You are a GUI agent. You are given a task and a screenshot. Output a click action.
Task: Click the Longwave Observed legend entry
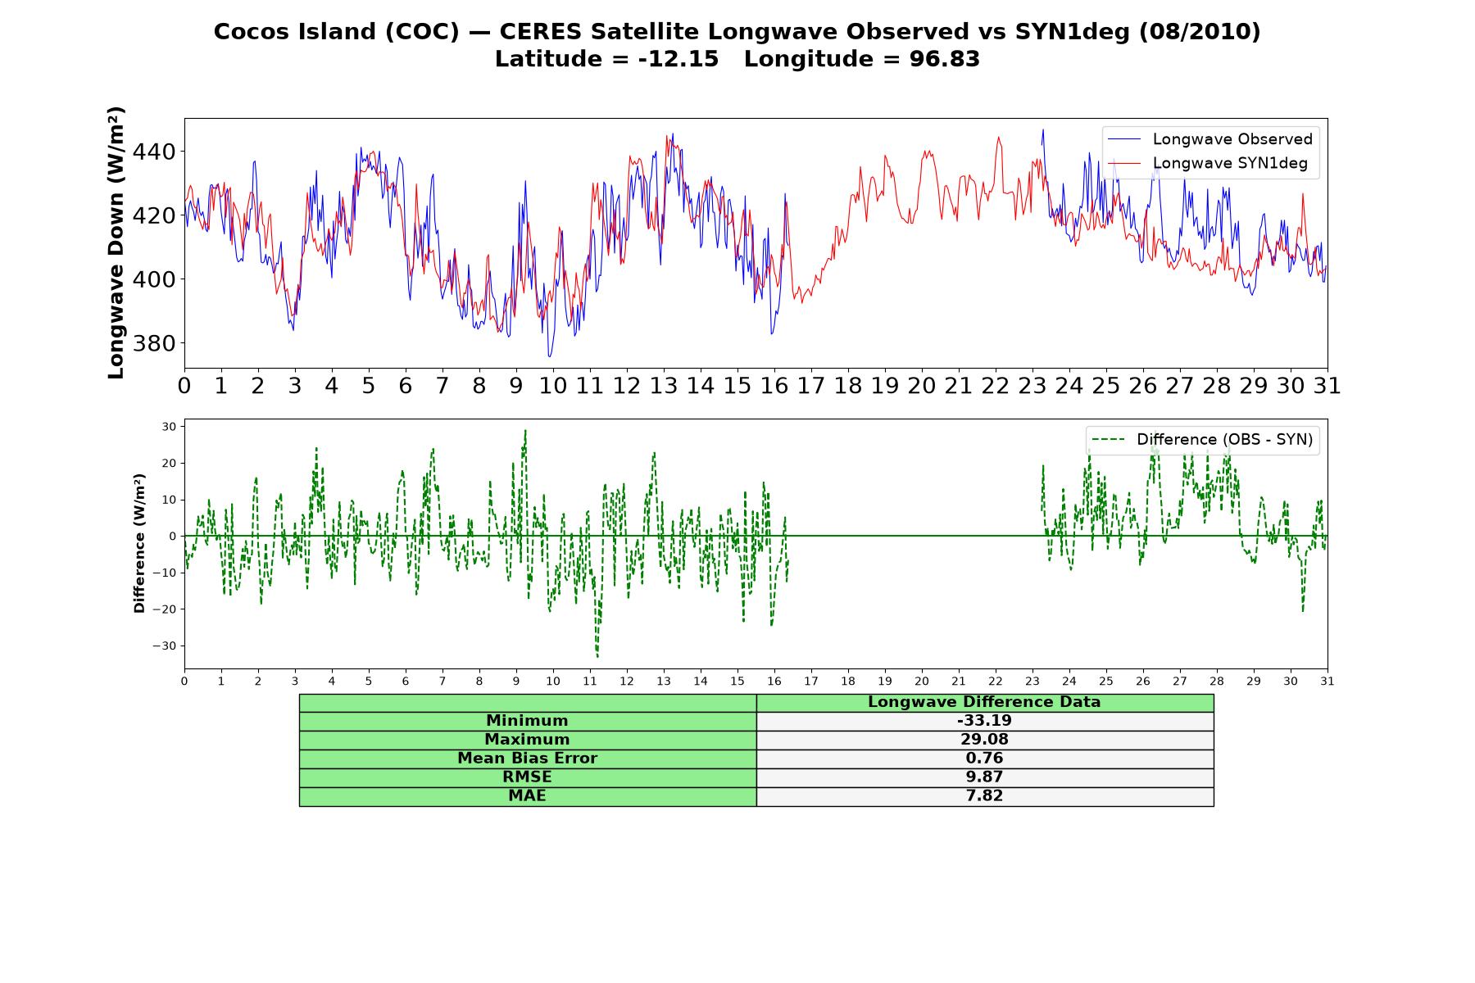1209,139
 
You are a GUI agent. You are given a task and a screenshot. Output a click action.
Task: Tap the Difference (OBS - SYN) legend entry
1203,440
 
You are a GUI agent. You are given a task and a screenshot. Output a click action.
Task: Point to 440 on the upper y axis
155,152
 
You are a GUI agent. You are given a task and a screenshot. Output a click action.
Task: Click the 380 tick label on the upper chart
155,343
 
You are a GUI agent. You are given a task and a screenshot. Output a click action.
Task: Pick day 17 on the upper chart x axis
811,386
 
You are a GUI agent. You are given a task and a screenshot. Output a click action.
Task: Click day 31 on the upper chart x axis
1327,386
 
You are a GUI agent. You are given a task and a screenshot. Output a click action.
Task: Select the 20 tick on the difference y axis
169,463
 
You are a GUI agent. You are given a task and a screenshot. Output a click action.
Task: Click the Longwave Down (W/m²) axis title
116,242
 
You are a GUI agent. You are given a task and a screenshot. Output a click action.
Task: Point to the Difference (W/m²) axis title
139,543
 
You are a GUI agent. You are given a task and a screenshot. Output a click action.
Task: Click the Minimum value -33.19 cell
984,721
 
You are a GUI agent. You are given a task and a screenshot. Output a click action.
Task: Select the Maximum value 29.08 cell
984,740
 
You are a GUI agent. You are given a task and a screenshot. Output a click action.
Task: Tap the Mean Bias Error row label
527,759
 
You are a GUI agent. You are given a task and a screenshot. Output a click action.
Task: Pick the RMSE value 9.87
984,777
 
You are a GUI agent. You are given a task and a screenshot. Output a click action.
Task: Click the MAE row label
527,796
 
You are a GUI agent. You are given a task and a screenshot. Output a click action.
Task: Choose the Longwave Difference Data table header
984,702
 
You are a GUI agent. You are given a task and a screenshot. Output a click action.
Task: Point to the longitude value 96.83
945,59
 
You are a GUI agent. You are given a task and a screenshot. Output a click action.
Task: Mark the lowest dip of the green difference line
597,657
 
